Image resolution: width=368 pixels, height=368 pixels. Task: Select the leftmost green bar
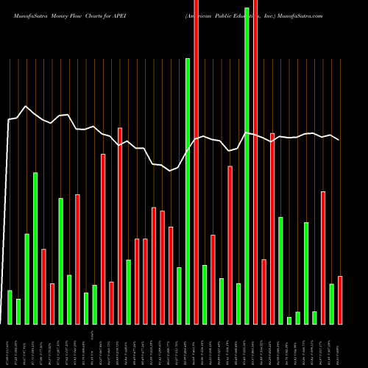click(10, 307)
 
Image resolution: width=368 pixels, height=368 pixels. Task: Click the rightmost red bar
click(340, 300)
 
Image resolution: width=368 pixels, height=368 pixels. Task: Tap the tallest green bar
click(247, 166)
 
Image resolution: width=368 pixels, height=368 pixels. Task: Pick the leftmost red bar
click(43, 286)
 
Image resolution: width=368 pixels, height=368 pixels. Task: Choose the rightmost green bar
click(331, 303)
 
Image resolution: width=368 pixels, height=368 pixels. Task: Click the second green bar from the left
click(18, 311)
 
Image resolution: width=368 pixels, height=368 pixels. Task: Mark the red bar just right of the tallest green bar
click(255, 162)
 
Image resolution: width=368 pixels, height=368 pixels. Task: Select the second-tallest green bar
click(188, 191)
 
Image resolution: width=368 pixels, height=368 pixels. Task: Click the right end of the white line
click(339, 140)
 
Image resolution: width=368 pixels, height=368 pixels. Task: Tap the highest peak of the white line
click(26, 106)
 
